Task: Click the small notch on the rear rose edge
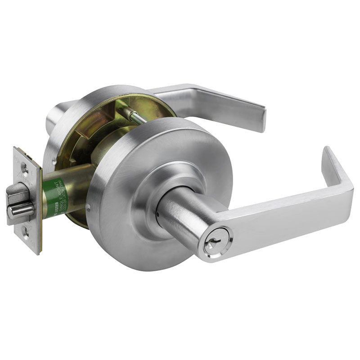click(54, 158)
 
